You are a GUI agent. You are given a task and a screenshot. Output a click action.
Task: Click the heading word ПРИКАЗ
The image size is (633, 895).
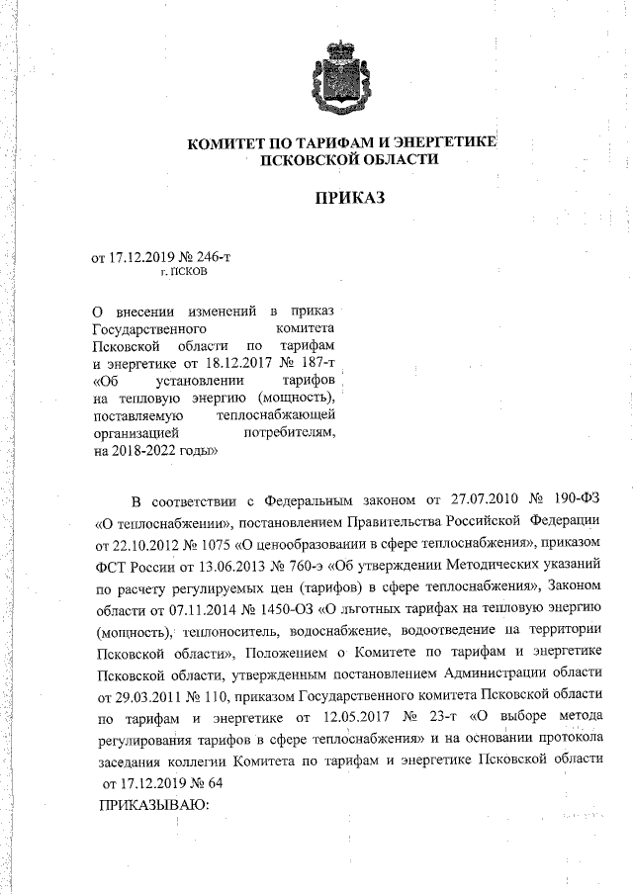[x=349, y=198]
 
